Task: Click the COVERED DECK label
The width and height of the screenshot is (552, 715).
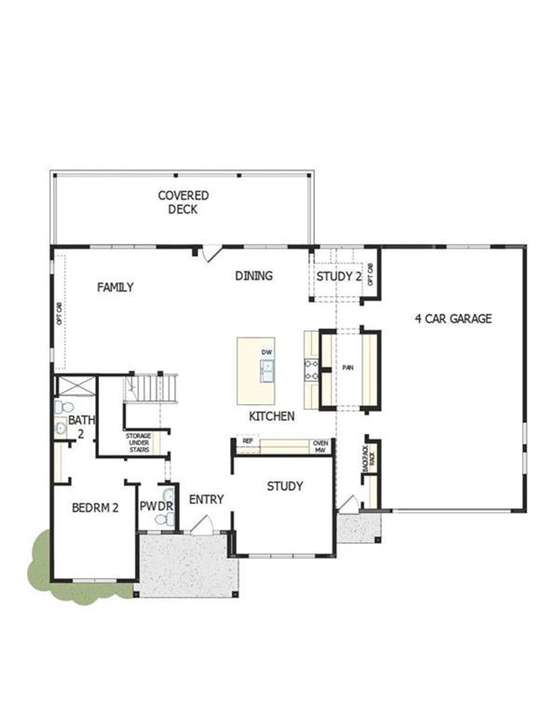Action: point(183,202)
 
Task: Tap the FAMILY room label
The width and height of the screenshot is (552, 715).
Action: point(115,287)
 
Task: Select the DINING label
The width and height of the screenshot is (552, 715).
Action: point(254,276)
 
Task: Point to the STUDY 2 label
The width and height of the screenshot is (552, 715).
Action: point(339,277)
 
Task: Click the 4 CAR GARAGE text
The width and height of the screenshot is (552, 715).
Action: point(453,319)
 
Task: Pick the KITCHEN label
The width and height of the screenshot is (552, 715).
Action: point(272,416)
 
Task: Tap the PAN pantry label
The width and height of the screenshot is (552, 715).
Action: point(348,368)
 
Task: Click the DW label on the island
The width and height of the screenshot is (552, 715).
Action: point(267,352)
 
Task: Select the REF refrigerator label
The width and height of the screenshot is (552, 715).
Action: point(248,442)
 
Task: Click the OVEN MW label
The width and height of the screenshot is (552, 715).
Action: point(320,446)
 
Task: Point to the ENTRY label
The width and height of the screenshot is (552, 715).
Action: point(206,499)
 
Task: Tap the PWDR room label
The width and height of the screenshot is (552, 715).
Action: point(156,506)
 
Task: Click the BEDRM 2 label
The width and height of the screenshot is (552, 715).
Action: point(95,508)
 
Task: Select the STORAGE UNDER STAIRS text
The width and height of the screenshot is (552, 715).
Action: point(138,443)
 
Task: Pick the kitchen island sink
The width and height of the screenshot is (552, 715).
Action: point(267,371)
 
